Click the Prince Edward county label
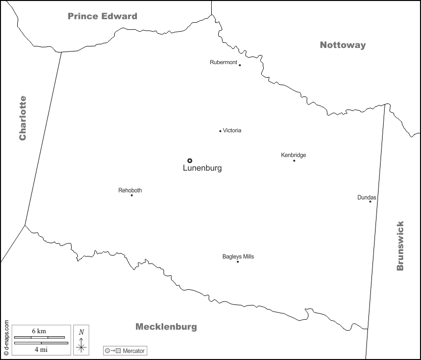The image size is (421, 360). [103, 16]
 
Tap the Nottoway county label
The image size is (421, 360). [343, 45]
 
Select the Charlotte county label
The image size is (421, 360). [22, 118]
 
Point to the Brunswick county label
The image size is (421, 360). [400, 246]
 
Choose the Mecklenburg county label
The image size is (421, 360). [166, 327]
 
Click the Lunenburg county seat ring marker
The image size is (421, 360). [190, 161]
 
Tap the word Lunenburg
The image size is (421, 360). [202, 169]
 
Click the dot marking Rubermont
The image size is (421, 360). [240, 65]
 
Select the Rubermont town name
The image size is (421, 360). [223, 62]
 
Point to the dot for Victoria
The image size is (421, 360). [220, 131]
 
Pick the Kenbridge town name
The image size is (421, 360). [294, 155]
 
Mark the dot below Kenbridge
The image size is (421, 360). [294, 161]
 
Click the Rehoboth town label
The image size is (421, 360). [130, 190]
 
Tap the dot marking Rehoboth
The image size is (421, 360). [132, 195]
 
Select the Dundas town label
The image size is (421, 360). [366, 197]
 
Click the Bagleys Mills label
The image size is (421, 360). [238, 256]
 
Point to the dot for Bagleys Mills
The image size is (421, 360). [238, 262]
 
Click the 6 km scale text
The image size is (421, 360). [39, 331]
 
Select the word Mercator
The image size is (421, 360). [133, 350]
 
